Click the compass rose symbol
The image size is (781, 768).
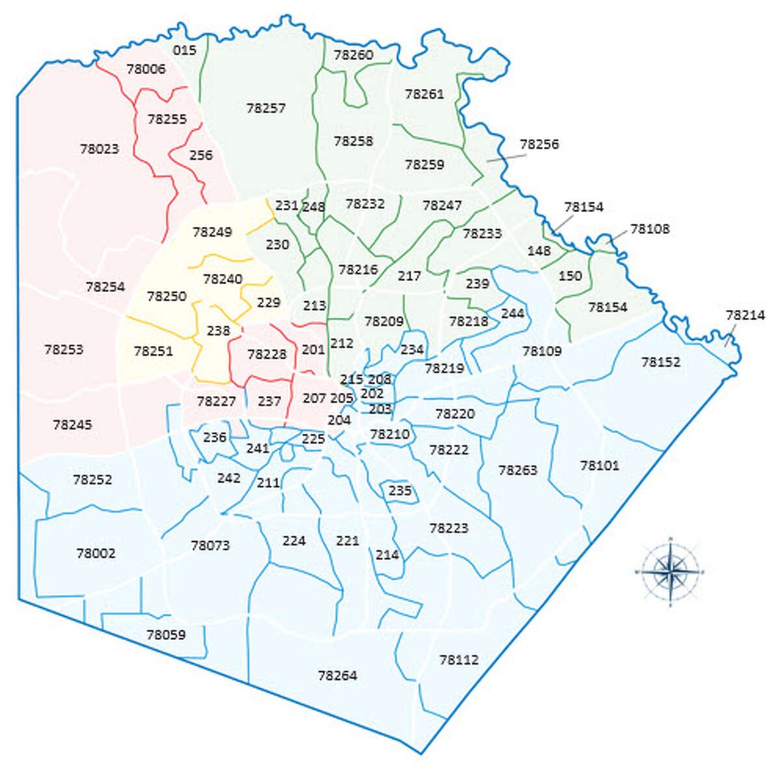pos(670,572)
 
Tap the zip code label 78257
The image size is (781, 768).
pos(266,108)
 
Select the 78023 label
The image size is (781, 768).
pos(100,149)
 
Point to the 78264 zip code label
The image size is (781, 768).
pos(337,676)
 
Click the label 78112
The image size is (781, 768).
pos(459,659)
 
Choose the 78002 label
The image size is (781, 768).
pos(96,553)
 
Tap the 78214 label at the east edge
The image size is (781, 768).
pos(745,315)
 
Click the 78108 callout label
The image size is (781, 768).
pos(650,229)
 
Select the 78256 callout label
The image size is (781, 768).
pos(539,144)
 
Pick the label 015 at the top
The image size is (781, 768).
pos(185,50)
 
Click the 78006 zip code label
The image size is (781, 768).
pos(146,69)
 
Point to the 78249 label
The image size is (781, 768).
pos(212,232)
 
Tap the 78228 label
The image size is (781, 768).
pos(267,354)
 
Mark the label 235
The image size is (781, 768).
pos(400,491)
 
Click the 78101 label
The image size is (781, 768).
pos(599,466)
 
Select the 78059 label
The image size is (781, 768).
pos(166,635)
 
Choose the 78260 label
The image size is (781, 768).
pos(353,55)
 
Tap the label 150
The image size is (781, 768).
pos(570,276)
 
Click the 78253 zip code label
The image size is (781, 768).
pos(64,349)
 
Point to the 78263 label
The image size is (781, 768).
pos(517,470)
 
